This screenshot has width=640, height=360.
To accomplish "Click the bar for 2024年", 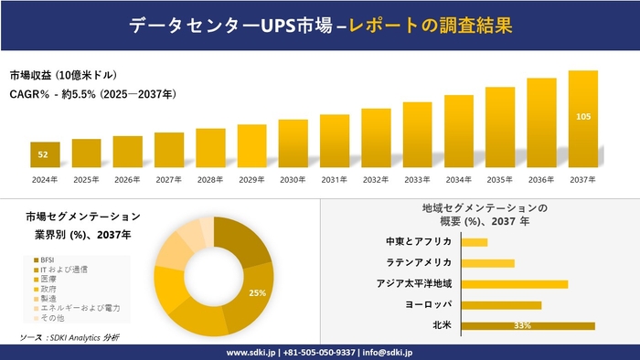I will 45,155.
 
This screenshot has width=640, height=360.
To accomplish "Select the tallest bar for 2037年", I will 582,119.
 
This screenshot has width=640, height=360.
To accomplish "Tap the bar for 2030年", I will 293,143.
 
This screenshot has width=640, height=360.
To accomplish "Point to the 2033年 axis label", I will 417,179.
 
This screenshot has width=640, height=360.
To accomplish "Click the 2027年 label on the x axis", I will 169,179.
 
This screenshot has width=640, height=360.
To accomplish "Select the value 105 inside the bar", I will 582,117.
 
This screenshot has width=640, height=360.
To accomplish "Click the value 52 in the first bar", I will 43,154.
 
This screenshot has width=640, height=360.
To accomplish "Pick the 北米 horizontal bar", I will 528,325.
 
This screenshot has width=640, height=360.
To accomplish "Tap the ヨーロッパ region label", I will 422,304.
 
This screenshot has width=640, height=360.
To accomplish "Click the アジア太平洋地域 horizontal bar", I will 514,284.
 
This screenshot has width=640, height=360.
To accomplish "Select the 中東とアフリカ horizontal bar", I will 474,242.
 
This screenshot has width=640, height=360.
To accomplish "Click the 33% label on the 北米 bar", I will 523,326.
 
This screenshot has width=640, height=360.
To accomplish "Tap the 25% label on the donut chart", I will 257,293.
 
